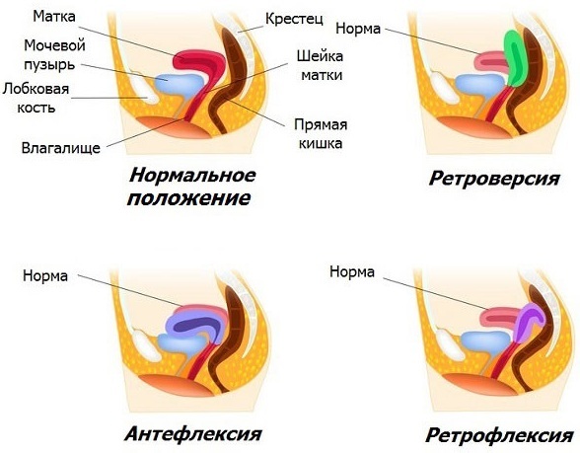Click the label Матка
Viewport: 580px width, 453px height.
point(54,16)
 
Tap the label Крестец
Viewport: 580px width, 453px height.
point(294,19)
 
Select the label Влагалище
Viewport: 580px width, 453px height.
point(61,148)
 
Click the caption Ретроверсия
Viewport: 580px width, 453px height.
point(494,179)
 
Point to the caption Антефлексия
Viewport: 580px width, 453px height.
point(193,433)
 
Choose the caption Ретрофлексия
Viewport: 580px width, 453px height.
point(499,435)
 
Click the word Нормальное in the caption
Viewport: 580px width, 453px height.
point(192,175)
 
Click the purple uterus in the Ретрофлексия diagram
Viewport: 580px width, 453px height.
point(530,322)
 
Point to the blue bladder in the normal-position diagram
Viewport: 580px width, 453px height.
point(179,84)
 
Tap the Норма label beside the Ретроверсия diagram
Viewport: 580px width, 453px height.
point(358,29)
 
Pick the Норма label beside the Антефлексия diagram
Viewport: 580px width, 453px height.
point(45,275)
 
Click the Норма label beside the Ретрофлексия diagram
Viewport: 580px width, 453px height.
point(352,272)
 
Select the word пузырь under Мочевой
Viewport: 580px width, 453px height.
point(49,65)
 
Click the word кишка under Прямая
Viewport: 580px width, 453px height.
point(321,143)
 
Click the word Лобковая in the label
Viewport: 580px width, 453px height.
point(36,89)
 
